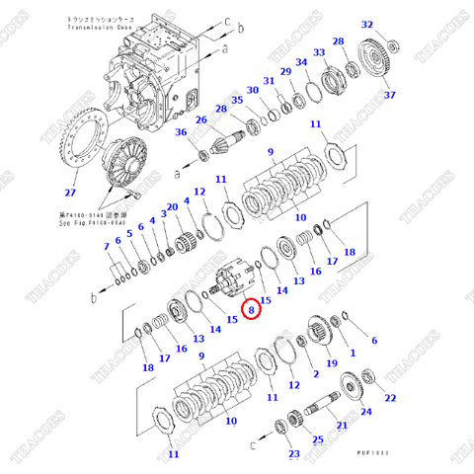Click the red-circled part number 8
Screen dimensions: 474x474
click(251, 310)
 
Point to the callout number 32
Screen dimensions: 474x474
click(367, 25)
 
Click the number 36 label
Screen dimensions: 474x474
click(181, 133)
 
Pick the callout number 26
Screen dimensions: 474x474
click(200, 120)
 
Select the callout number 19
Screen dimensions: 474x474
click(330, 363)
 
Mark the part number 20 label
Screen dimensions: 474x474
click(172, 206)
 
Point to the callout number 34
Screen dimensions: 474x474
click(304, 63)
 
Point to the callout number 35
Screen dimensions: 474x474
click(236, 100)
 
